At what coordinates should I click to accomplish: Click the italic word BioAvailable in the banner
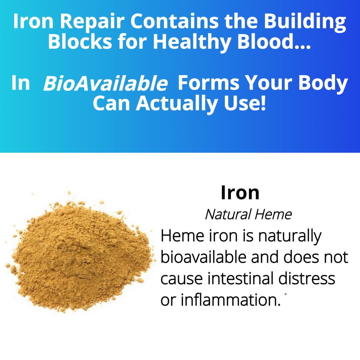pyautogui.click(x=105, y=83)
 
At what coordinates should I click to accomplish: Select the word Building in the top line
pyautogui.click(x=305, y=22)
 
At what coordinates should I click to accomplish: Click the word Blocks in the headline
pyautogui.click(x=80, y=41)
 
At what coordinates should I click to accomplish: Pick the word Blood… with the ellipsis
pyautogui.click(x=274, y=41)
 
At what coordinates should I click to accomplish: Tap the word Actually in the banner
pyautogui.click(x=177, y=104)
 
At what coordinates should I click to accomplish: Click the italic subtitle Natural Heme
pyautogui.click(x=248, y=214)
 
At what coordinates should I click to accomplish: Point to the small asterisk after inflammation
pyautogui.click(x=285, y=294)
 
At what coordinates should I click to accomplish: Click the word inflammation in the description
pyautogui.click(x=231, y=300)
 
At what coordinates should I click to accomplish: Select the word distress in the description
pyautogui.click(x=307, y=278)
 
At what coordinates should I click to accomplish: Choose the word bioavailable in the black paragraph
pyautogui.click(x=203, y=257)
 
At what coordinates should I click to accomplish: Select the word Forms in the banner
pyautogui.click(x=208, y=83)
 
